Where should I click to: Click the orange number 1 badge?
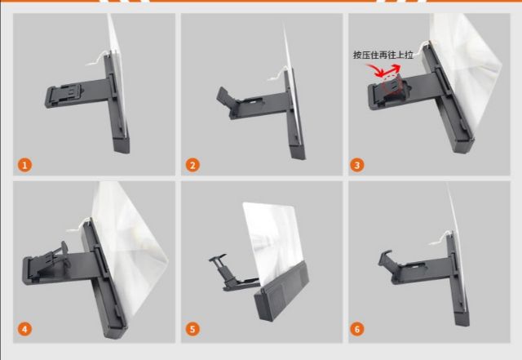[25, 165]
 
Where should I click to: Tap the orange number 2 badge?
[192, 165]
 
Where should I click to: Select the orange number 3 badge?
[357, 165]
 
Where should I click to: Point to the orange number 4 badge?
[25, 329]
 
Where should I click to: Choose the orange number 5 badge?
[192, 329]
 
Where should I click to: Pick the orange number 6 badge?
[357, 329]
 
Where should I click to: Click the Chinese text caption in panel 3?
[383, 55]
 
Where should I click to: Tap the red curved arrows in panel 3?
[383, 70]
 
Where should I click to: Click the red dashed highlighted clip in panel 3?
[392, 85]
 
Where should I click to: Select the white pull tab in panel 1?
[97, 58]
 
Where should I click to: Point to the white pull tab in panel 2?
[277, 73]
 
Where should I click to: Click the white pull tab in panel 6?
[439, 238]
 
